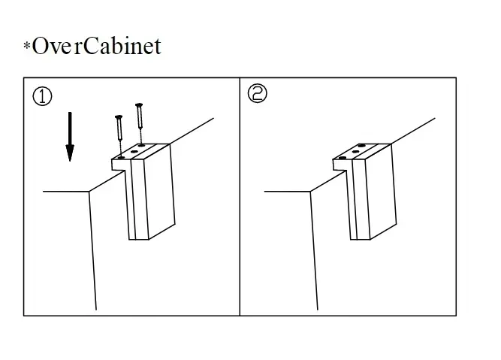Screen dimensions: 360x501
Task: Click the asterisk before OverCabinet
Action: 27,47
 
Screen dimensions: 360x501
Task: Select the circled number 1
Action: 43,97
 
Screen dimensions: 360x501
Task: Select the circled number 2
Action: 258,95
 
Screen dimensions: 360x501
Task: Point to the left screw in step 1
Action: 119,131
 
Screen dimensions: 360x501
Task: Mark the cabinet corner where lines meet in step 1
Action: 89,191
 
